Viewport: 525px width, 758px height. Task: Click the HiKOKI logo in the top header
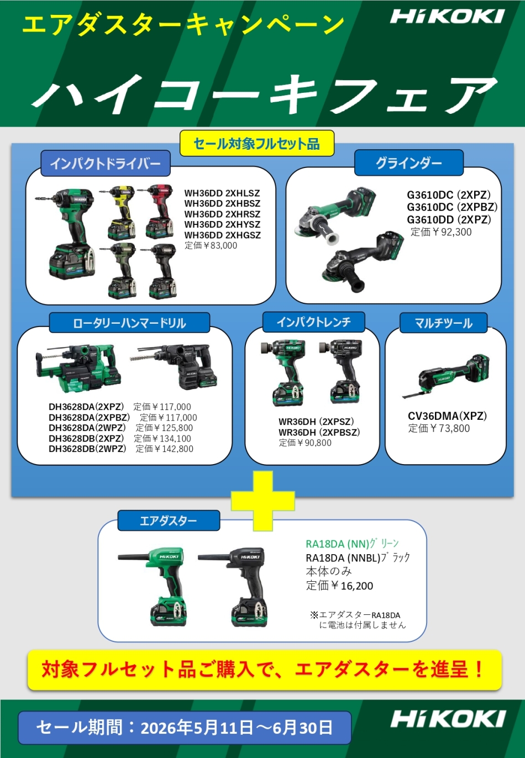click(447, 16)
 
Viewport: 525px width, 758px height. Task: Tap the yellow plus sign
click(262, 501)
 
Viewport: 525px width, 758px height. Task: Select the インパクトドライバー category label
click(105, 164)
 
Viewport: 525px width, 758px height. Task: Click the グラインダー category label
click(408, 163)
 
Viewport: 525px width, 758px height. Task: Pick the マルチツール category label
click(443, 323)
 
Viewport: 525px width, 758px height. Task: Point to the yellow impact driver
click(119, 212)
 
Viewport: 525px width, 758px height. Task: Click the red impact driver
click(157, 212)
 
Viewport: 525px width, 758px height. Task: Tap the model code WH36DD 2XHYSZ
click(222, 224)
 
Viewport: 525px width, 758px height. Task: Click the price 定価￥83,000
click(211, 245)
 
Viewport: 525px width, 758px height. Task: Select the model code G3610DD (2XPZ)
click(449, 220)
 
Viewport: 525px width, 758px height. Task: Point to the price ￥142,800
click(172, 449)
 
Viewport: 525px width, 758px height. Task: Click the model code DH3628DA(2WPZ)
click(87, 428)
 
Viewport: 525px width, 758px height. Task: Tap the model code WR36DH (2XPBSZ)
click(319, 432)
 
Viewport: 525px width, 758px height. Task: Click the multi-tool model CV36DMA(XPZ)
click(447, 416)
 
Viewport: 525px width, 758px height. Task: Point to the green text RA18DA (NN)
click(337, 544)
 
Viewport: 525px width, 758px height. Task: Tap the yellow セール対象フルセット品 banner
click(257, 144)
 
